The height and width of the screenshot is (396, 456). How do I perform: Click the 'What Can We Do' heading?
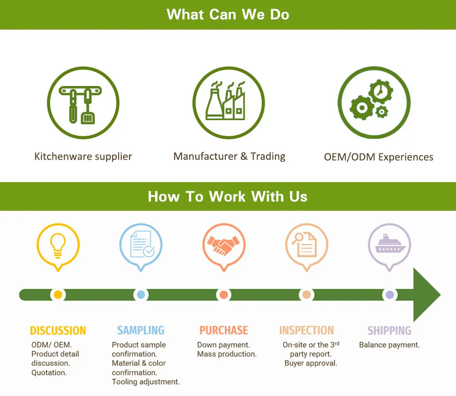tap(228, 14)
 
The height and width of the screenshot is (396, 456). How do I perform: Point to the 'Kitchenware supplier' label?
tap(83, 157)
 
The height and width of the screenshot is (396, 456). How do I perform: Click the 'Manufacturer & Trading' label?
tap(229, 157)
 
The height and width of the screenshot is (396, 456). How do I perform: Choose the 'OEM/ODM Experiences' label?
tap(378, 157)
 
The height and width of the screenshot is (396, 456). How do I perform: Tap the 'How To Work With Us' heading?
tap(228, 197)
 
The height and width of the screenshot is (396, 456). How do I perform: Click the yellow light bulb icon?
tap(58, 244)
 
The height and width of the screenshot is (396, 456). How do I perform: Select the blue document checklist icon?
tap(141, 244)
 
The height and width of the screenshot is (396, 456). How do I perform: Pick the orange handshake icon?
tap(224, 244)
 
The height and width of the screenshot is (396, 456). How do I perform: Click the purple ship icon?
tap(389, 244)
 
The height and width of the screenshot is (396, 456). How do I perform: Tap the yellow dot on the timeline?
tap(58, 294)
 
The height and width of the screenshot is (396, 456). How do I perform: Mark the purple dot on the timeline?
tap(389, 294)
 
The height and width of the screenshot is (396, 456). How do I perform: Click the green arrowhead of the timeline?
tap(426, 294)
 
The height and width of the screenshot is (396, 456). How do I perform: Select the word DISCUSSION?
tap(58, 330)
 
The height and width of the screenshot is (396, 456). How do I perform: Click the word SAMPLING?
tap(141, 330)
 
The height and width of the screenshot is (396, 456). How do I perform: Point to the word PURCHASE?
tap(224, 330)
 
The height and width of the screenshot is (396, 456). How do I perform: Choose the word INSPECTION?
tap(306, 330)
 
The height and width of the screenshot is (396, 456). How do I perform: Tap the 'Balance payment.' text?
tap(389, 345)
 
